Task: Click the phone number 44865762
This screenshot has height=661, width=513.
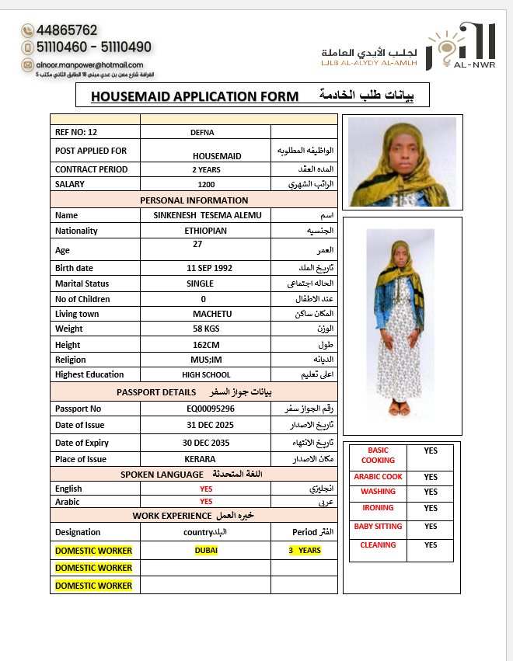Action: (x=67, y=31)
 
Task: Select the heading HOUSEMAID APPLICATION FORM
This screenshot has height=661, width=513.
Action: (x=194, y=96)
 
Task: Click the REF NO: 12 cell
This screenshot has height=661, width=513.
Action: (x=76, y=132)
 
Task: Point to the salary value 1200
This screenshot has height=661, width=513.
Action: (x=206, y=185)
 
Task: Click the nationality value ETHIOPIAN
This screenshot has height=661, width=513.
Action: (x=206, y=231)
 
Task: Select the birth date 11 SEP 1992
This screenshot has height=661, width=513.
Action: (x=209, y=268)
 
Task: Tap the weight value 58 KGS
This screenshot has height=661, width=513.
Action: (x=206, y=329)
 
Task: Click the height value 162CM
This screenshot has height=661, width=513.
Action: (x=206, y=345)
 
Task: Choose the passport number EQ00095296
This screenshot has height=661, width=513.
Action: (x=211, y=409)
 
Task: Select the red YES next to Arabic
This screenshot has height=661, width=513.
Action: (x=206, y=502)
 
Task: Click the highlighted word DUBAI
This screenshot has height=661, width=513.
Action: (x=206, y=551)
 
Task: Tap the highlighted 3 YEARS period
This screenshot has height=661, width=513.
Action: (x=305, y=551)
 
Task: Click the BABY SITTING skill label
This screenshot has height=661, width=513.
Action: (x=378, y=527)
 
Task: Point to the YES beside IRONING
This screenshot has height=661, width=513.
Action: (x=431, y=509)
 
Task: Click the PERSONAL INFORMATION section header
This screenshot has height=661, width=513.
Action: (x=194, y=200)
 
